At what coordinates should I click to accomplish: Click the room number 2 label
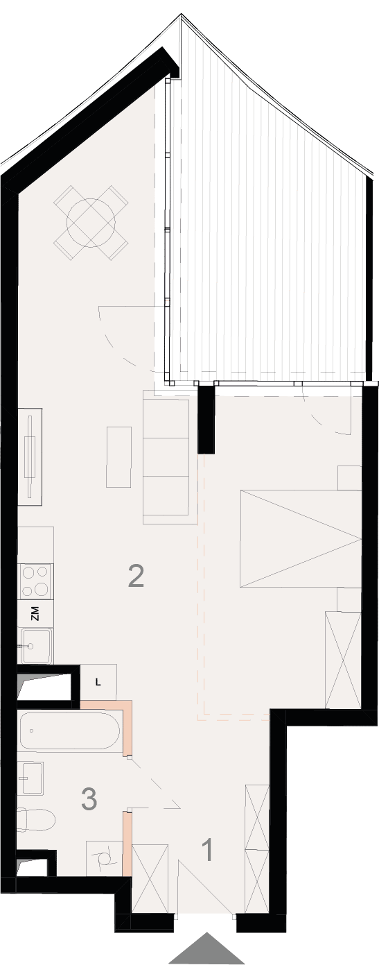136,576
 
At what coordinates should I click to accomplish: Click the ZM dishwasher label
35,614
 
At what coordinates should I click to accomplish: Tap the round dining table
91,223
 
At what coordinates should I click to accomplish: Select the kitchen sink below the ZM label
37,645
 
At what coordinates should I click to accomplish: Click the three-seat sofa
166,456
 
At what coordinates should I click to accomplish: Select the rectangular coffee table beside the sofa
118,456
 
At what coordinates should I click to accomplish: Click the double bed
300,538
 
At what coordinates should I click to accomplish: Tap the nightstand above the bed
349,477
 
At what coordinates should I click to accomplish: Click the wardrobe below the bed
343,660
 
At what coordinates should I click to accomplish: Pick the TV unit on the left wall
30,456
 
